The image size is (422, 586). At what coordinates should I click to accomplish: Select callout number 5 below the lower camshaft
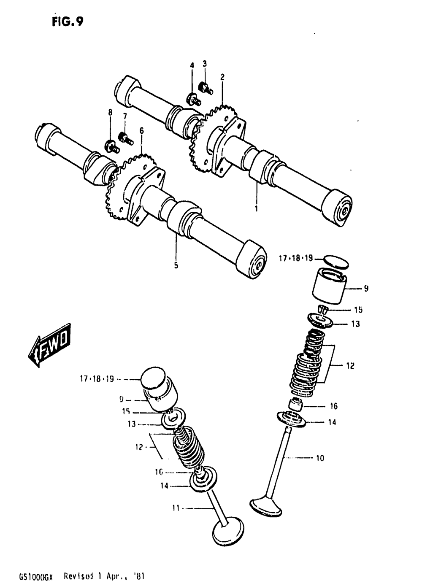click(x=176, y=265)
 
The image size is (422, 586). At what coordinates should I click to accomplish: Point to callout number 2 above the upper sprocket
click(x=222, y=77)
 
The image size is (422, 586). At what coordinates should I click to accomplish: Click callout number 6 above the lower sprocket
click(x=141, y=131)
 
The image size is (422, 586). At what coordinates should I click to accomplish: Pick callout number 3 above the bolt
click(x=205, y=64)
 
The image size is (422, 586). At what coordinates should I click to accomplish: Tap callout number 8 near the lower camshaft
click(x=110, y=112)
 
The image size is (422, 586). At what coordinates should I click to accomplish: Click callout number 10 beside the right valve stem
click(x=320, y=458)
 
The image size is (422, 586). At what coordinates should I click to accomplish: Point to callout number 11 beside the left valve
click(x=176, y=508)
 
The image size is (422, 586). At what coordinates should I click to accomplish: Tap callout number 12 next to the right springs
click(x=350, y=366)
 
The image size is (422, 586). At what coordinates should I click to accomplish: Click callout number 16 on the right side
click(x=333, y=406)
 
